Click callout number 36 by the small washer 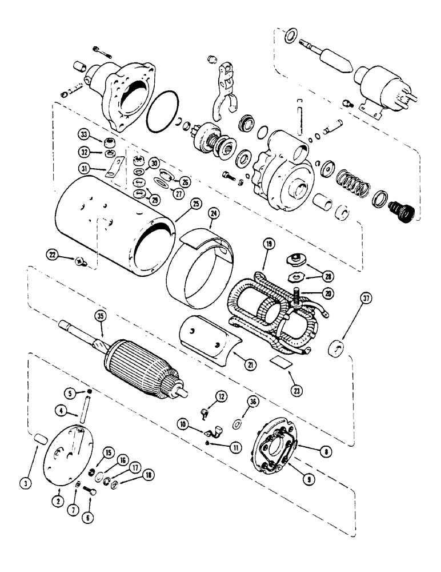tap(252, 402)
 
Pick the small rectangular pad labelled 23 tap(281, 361)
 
